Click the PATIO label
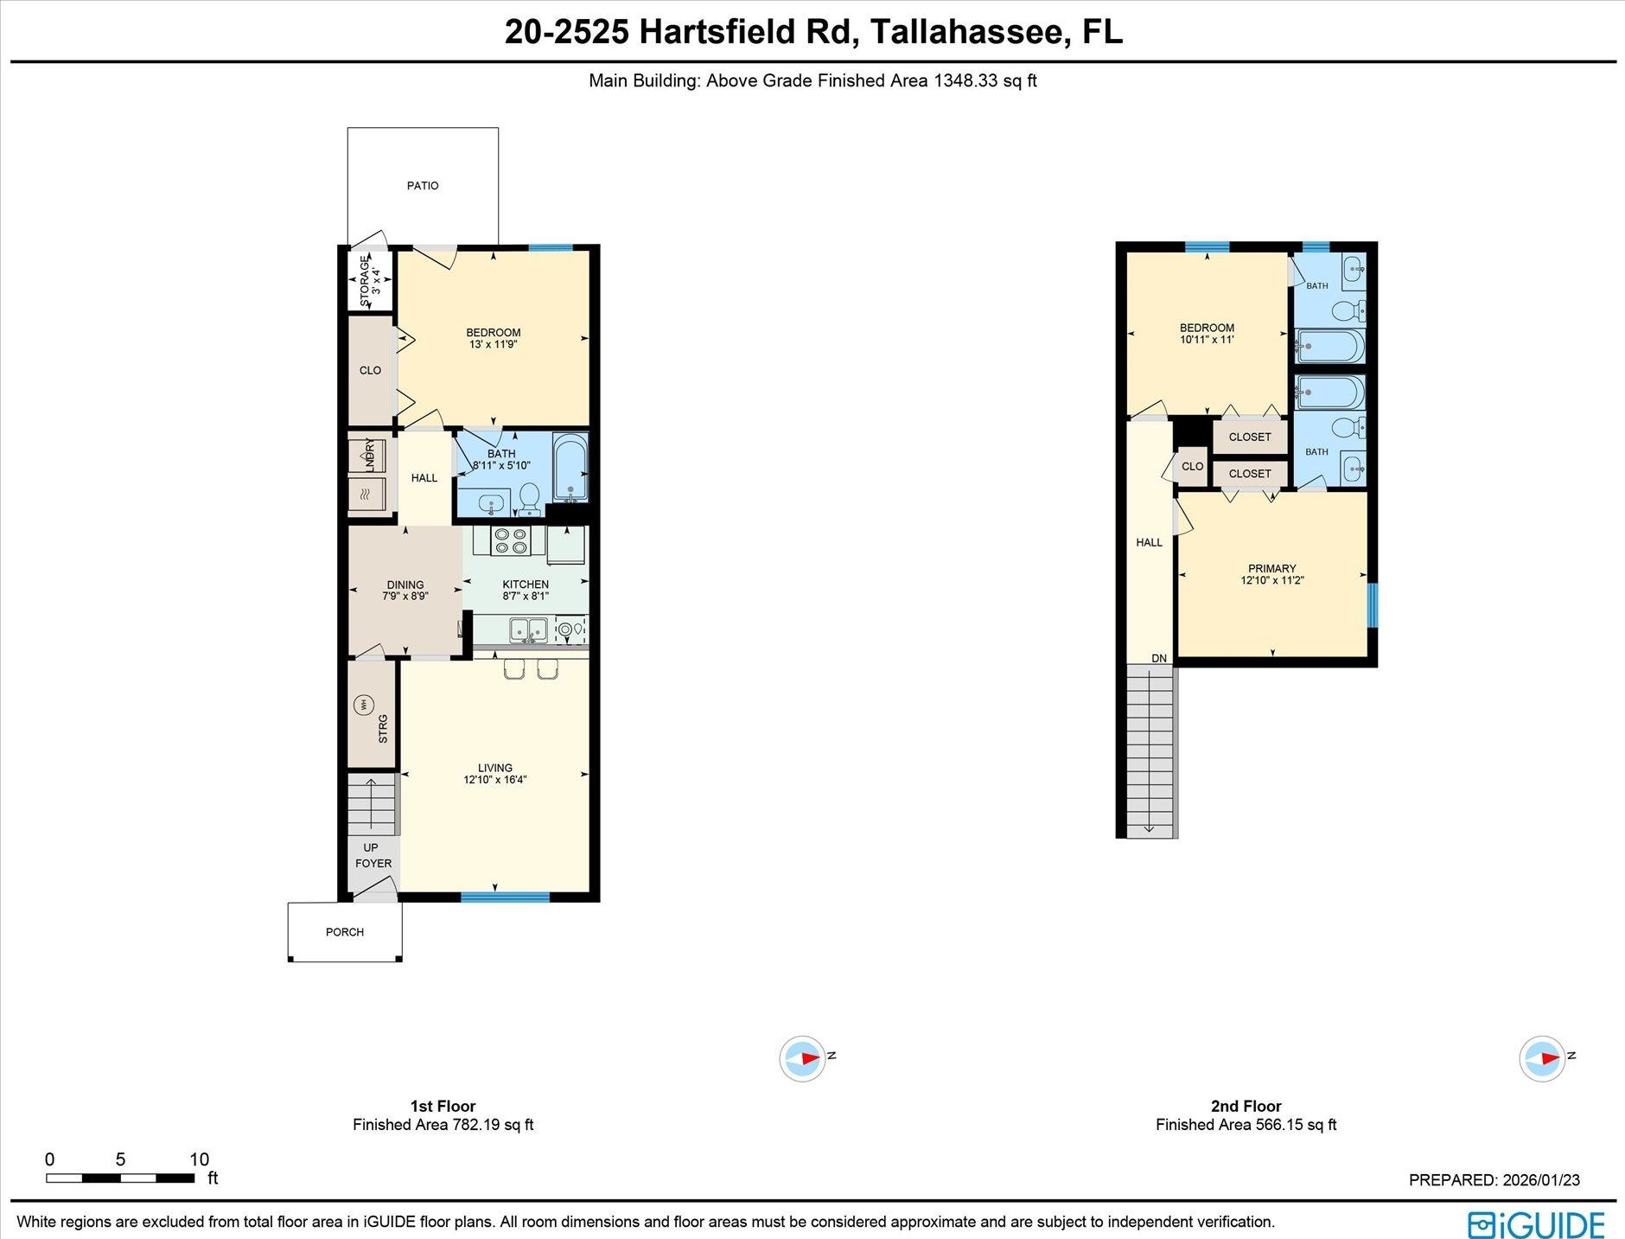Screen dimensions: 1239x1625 pyautogui.click(x=423, y=186)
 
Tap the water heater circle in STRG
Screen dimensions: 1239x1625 pyautogui.click(x=364, y=706)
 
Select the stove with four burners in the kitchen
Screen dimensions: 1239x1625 pyautogui.click(x=510, y=541)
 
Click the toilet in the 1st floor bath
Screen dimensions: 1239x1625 pyautogui.click(x=529, y=497)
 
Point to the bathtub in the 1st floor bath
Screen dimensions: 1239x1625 pyautogui.click(x=570, y=469)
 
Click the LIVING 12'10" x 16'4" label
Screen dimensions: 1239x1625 pyautogui.click(x=494, y=774)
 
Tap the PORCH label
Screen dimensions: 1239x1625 pyautogui.click(x=345, y=932)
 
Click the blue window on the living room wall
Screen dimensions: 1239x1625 pyautogui.click(x=505, y=897)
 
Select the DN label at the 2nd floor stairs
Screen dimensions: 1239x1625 pyautogui.click(x=1159, y=659)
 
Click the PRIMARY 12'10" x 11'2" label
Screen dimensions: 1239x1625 pyautogui.click(x=1271, y=575)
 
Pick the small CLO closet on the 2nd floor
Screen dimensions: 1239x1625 pyautogui.click(x=1192, y=466)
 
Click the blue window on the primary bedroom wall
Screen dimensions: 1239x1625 pyautogui.click(x=1372, y=604)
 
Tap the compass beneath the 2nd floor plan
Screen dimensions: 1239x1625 pyautogui.click(x=1542, y=1057)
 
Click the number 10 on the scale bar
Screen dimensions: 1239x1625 pyautogui.click(x=199, y=1159)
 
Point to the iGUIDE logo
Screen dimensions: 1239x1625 pyautogui.click(x=1536, y=1224)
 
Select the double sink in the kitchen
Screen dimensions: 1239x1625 pyautogui.click(x=527, y=629)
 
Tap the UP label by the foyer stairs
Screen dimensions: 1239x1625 pyautogui.click(x=371, y=847)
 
